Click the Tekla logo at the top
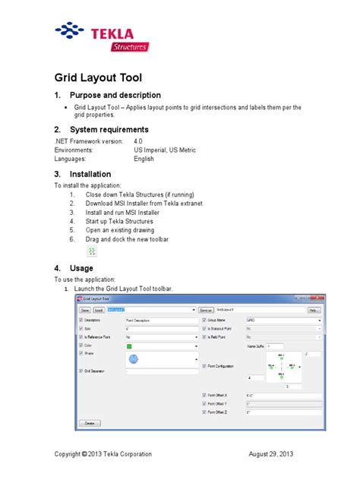103,36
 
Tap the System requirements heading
114,130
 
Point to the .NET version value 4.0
138,141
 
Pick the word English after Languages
144,159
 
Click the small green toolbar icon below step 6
92,251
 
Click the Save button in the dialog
85,310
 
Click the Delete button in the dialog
89,422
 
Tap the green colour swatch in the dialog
130,344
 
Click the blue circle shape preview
134,358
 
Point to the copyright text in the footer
103,454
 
